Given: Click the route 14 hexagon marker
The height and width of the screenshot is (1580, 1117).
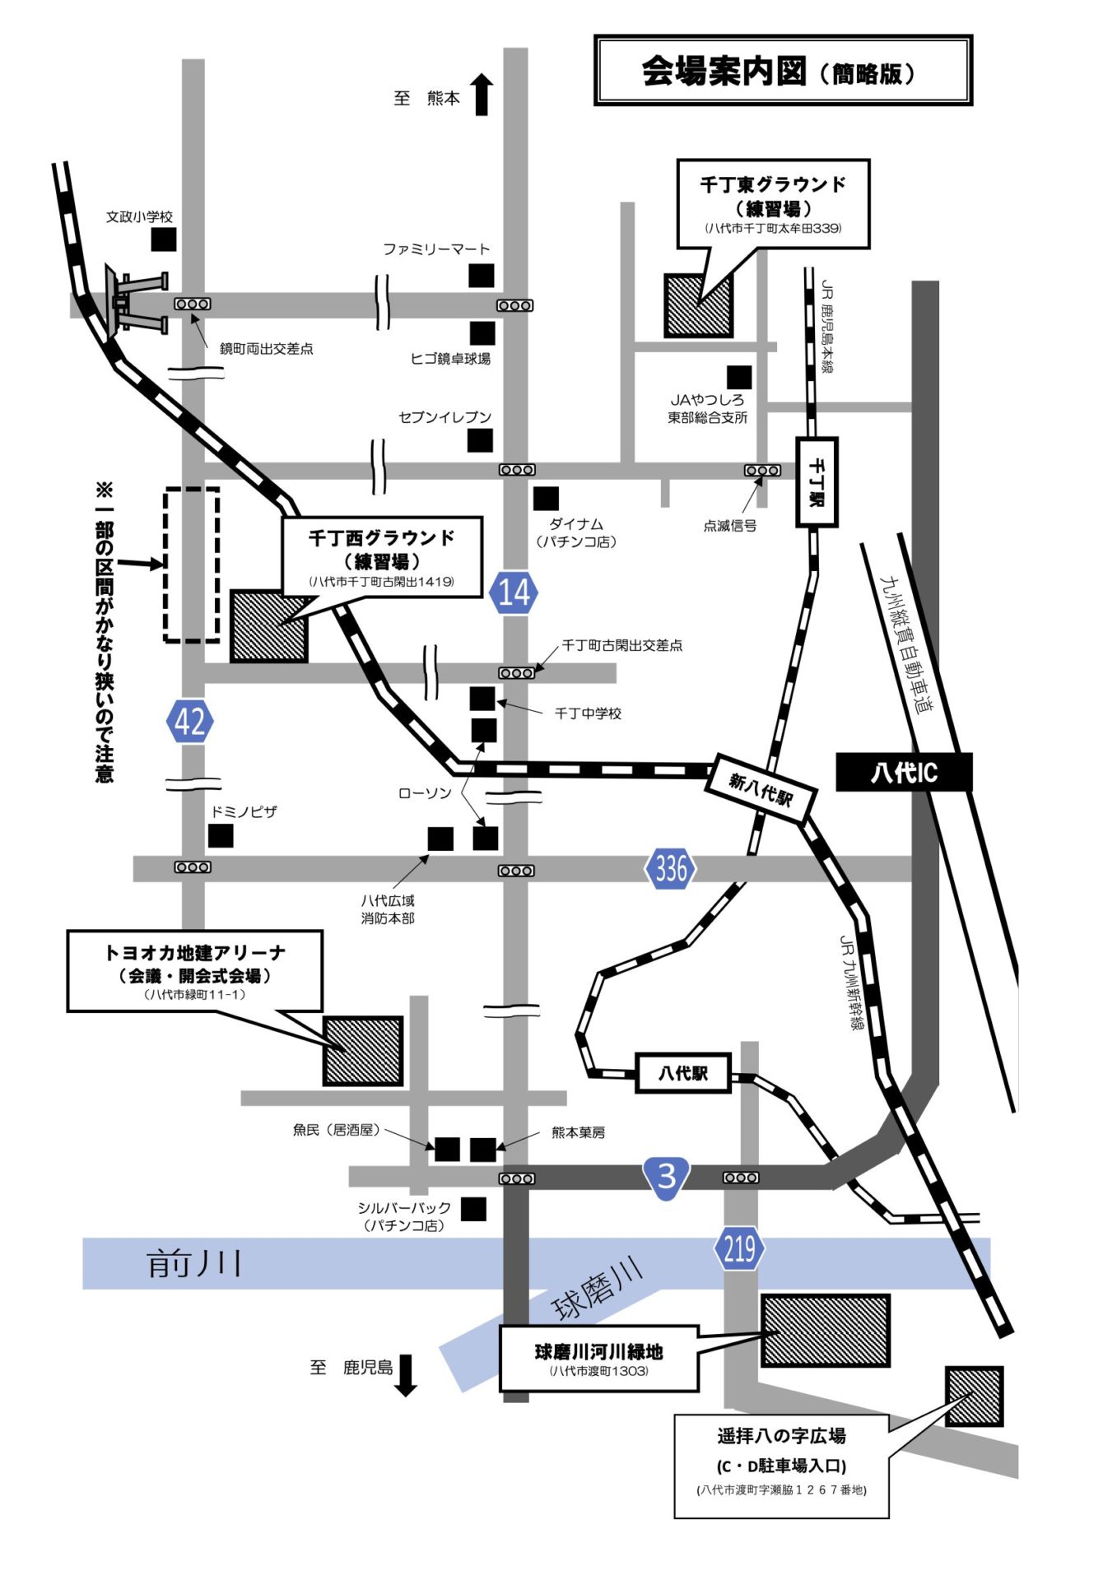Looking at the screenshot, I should point(514,592).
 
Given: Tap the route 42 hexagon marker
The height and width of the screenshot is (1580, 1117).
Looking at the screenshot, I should point(190,721).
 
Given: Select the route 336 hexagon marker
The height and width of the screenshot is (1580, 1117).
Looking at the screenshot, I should point(670,868).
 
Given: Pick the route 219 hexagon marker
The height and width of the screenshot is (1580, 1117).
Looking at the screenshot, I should point(738,1249).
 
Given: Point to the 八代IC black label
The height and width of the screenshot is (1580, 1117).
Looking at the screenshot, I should point(904,773).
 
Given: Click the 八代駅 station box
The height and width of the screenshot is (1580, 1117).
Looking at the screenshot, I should point(682,1073).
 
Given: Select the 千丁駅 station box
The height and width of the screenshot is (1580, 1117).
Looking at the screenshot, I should point(817,482).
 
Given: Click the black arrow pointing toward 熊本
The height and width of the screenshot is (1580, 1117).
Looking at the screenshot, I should point(482,94).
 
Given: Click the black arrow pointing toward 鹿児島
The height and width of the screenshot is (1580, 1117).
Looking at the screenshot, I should point(406,1375).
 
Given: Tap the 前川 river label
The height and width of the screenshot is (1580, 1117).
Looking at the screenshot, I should point(194,1263).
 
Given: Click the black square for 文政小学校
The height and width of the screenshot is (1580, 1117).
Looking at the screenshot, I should point(164,239).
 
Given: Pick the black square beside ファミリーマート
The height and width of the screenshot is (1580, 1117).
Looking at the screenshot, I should point(482,276).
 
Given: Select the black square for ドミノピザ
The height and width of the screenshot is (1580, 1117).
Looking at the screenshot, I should point(221,835).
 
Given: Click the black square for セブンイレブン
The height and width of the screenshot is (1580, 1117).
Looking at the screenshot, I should point(480,440).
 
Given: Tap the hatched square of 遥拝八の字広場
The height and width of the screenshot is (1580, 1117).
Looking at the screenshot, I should point(974,1396).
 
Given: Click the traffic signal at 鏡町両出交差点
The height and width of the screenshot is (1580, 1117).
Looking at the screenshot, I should point(193,304).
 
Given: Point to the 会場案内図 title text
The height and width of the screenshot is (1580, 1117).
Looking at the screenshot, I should point(724,72).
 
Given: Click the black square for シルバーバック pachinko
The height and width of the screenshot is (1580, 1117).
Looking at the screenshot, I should point(473,1209).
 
